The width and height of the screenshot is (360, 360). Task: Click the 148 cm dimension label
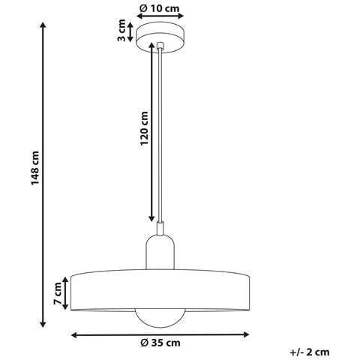(35, 168)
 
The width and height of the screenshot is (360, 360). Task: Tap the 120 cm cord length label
(144, 128)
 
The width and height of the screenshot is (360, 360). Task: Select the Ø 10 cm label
(160, 8)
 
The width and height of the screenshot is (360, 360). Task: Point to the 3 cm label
(121, 30)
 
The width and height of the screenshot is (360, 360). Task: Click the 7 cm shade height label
(58, 293)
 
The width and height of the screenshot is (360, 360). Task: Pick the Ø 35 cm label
(160, 343)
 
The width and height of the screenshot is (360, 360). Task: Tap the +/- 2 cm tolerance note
(310, 352)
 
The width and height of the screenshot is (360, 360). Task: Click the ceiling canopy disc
(160, 39)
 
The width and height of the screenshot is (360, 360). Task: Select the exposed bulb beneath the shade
(160, 318)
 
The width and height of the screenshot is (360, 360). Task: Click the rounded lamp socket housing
(160, 253)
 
